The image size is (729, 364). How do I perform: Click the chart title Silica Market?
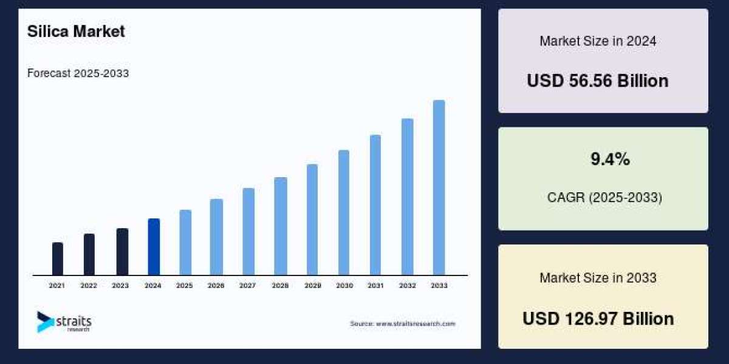click(76, 32)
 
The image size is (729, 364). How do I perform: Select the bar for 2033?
click(439, 187)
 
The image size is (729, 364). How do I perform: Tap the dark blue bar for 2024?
click(154, 247)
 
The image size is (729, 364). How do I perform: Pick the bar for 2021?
click(58, 258)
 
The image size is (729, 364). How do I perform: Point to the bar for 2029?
click(312, 220)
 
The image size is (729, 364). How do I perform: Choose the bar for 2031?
click(375, 205)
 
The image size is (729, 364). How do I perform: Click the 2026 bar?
click(216, 237)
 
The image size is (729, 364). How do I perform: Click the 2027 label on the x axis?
click(247, 285)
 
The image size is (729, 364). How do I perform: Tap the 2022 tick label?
click(89, 285)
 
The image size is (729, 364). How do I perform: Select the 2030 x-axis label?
click(344, 285)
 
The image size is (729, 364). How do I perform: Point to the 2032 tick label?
click(408, 285)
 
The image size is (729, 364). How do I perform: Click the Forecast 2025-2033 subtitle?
click(78, 73)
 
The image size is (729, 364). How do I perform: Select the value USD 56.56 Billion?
click(597, 81)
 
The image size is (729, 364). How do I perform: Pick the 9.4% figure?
click(610, 160)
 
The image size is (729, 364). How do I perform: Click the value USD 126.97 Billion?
click(598, 318)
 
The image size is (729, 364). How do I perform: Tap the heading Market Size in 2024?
click(598, 41)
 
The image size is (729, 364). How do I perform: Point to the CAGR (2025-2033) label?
click(603, 197)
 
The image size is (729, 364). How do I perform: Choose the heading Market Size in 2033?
click(598, 278)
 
